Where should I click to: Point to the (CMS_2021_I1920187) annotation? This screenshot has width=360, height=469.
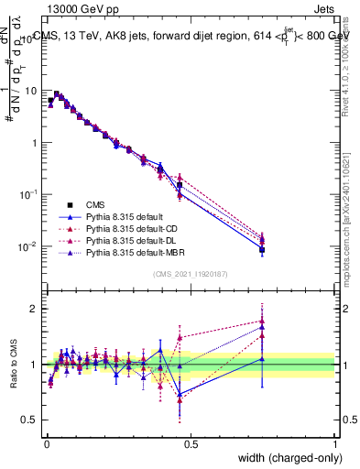[x=190, y=274]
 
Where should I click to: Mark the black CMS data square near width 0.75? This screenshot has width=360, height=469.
[x=262, y=249]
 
